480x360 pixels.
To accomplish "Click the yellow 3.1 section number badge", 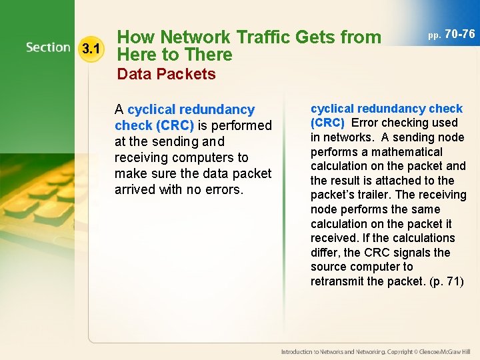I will (90, 48).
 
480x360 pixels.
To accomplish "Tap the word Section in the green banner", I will (48, 47).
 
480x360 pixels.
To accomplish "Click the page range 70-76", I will (460, 33).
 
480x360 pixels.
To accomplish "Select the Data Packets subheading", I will (167, 74).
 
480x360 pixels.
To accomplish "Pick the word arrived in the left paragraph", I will (139, 189).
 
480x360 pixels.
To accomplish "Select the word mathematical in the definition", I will (409, 151).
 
